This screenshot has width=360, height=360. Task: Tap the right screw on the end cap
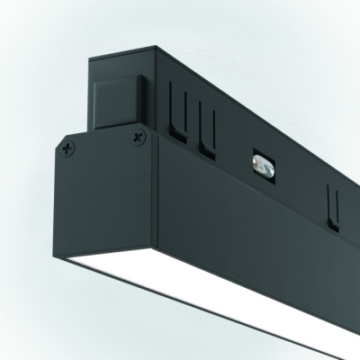coord(137,137)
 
